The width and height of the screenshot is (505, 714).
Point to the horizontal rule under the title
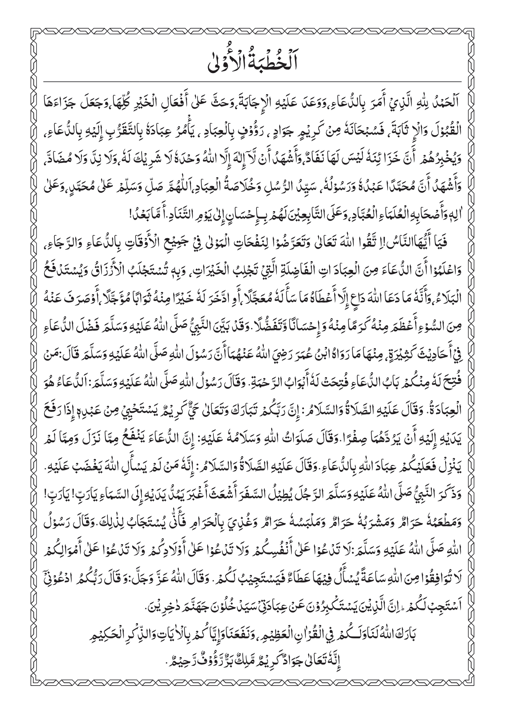coord(252,82)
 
